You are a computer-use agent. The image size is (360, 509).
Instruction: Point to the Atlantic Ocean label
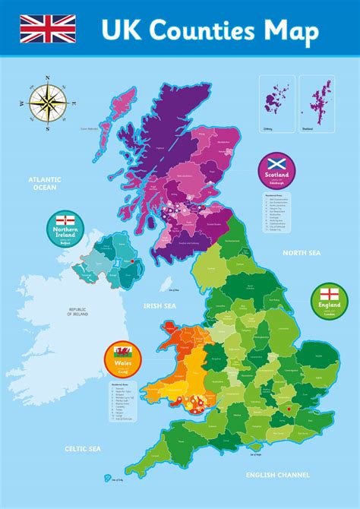tap(45, 184)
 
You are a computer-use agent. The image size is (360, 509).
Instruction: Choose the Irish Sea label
tap(160, 306)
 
